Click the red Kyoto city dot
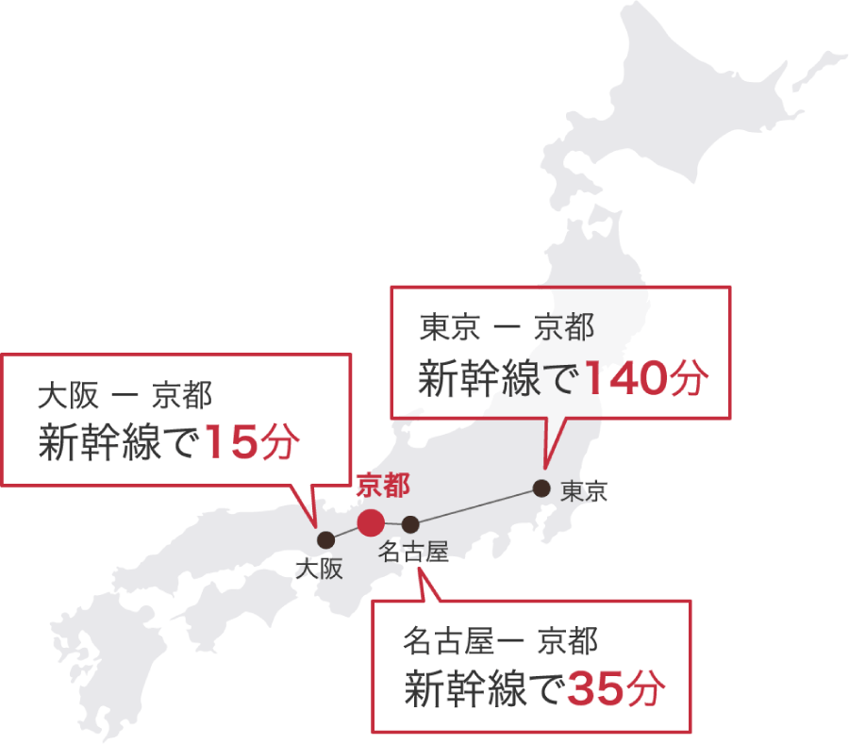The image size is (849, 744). click(x=370, y=521)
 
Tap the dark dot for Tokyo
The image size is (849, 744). click(x=541, y=488)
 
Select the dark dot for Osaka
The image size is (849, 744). click(x=325, y=540)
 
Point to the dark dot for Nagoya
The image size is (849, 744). click(x=410, y=524)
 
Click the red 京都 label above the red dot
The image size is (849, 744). click(x=383, y=487)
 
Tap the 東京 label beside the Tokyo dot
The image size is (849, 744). click(x=584, y=491)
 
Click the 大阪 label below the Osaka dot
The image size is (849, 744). click(x=318, y=568)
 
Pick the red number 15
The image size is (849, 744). click(x=230, y=443)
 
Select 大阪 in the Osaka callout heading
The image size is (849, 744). click(x=67, y=396)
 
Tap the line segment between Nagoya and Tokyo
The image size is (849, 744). click(x=476, y=506)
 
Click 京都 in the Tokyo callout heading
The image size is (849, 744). click(x=564, y=329)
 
